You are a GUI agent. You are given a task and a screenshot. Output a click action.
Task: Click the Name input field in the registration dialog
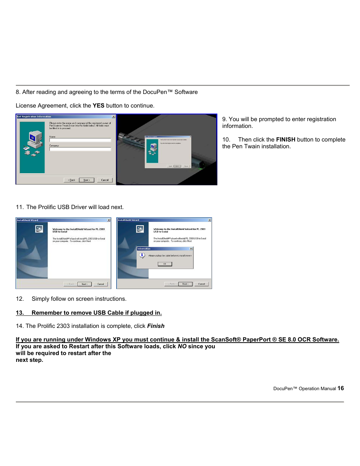(x=80, y=140)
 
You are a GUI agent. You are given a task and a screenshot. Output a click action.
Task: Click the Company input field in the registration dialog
(x=80, y=149)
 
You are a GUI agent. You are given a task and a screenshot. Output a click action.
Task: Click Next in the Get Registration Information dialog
(x=87, y=180)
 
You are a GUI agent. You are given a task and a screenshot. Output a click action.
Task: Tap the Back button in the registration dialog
(x=71, y=180)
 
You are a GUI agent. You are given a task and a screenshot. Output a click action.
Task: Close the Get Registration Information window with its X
(x=113, y=117)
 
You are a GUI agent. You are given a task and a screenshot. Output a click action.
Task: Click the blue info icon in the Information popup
(x=142, y=255)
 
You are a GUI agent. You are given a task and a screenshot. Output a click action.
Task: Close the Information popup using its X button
(x=191, y=249)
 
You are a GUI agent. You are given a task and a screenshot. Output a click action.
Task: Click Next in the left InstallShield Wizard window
(x=84, y=284)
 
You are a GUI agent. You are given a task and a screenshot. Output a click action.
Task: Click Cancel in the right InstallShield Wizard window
(x=202, y=284)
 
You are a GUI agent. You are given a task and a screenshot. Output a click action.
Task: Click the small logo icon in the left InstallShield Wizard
(x=39, y=229)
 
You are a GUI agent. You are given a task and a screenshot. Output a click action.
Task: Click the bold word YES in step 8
(x=98, y=106)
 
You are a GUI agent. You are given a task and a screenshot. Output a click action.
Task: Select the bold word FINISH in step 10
(x=286, y=140)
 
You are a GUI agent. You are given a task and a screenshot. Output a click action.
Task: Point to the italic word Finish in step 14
(x=156, y=326)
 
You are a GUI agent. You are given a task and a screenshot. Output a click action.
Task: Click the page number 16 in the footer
(x=340, y=388)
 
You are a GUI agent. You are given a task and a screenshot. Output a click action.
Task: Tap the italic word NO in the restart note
(x=182, y=346)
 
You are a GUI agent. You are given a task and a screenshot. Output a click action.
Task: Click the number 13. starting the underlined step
(x=20, y=313)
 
